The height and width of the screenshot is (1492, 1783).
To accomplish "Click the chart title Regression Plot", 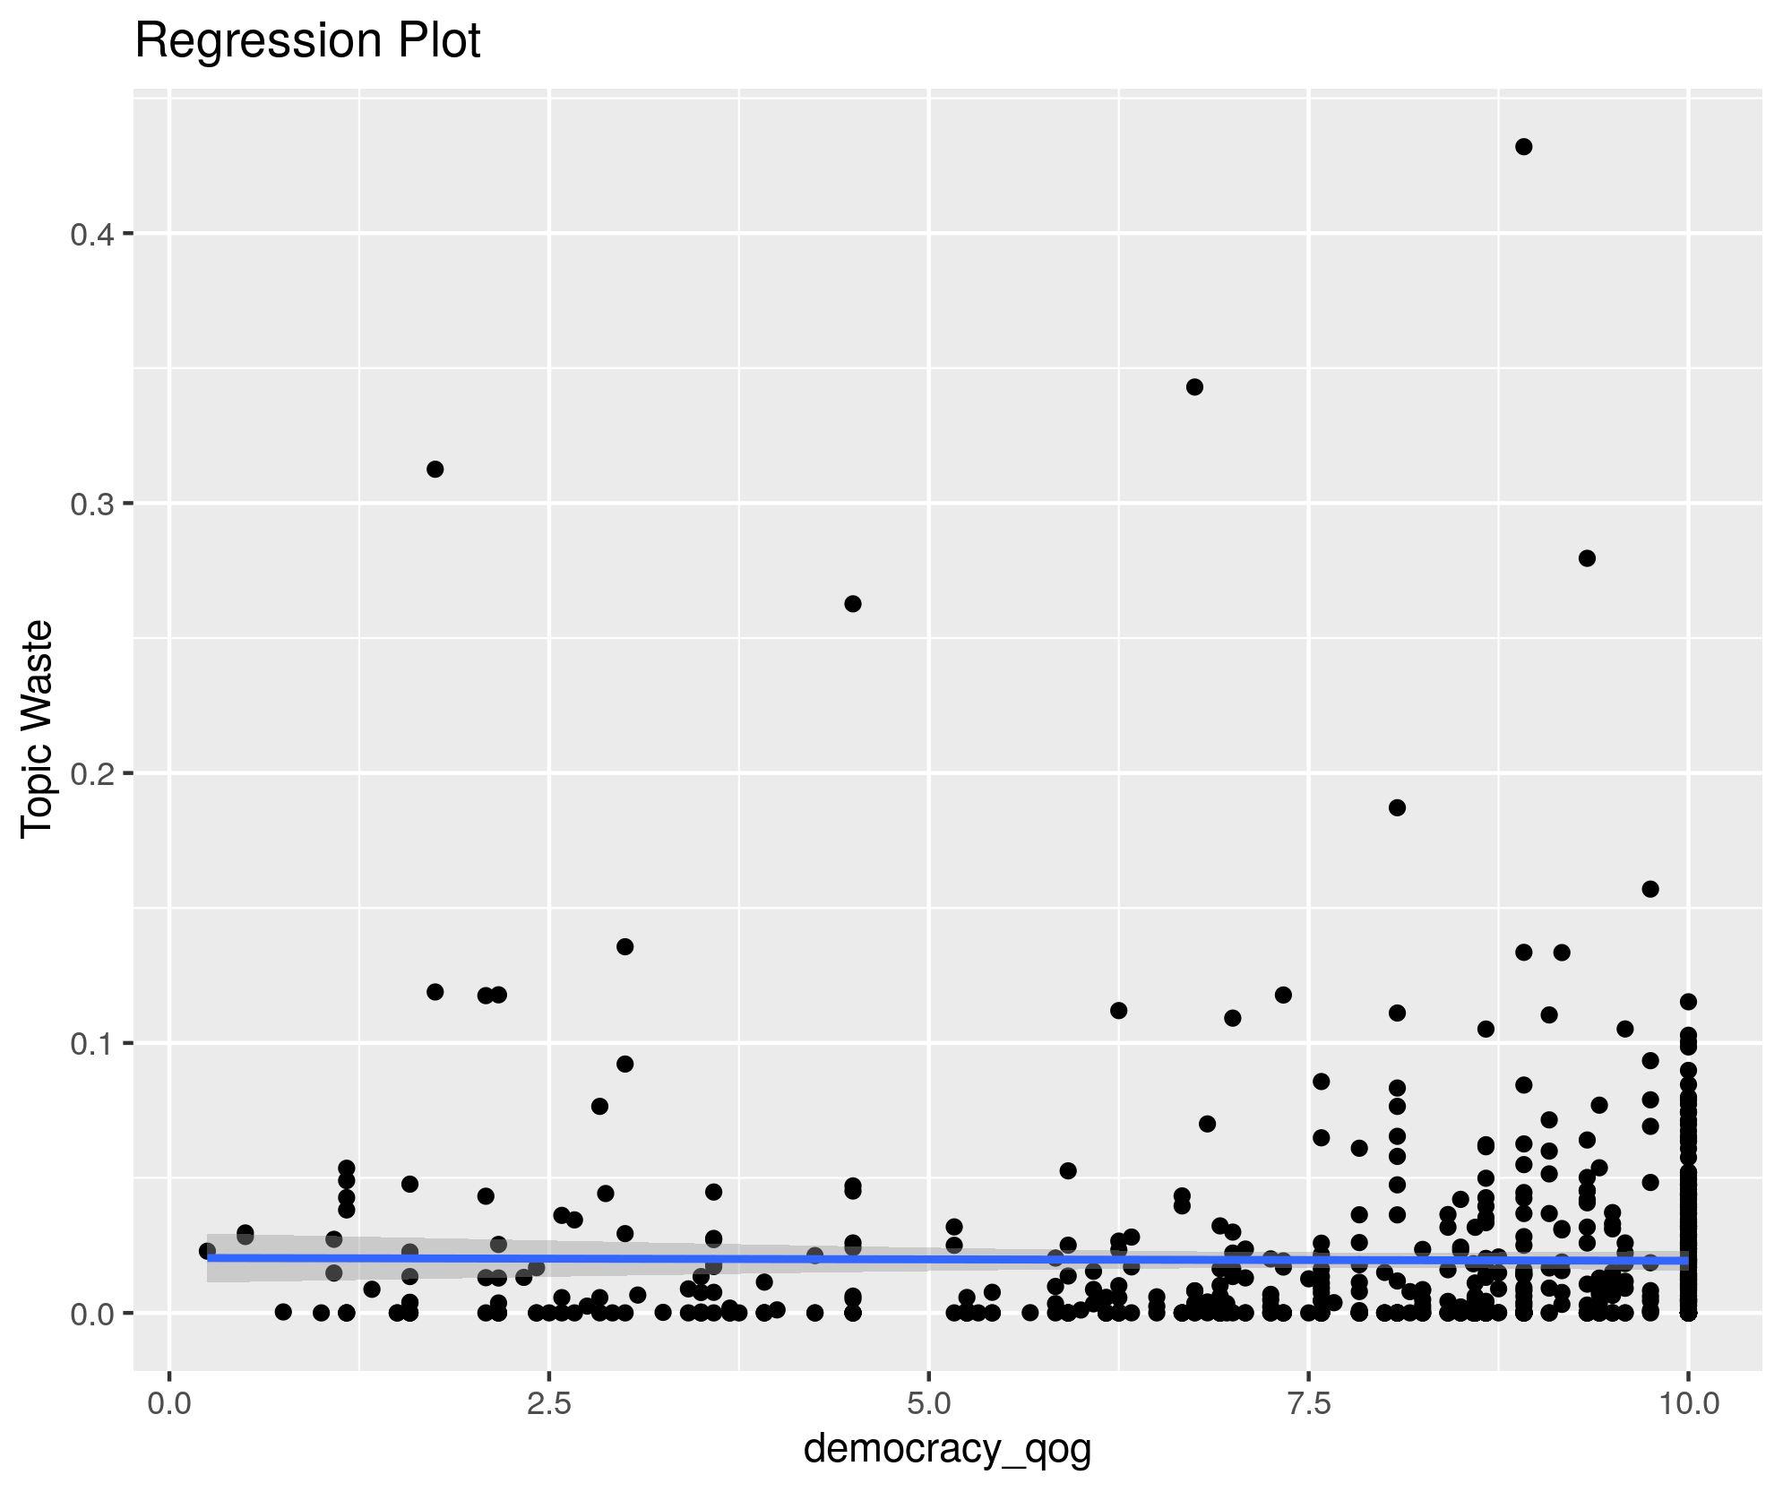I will (307, 41).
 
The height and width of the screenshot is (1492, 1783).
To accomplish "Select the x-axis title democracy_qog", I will (947, 1449).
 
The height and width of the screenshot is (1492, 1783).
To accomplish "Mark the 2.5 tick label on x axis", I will (549, 1403).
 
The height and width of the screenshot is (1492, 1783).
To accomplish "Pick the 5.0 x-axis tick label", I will (929, 1403).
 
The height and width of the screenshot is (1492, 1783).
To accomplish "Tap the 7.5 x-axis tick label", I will (1309, 1403).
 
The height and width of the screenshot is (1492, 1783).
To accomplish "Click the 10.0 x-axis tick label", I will (1688, 1403).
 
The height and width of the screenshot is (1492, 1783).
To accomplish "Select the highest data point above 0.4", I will (1523, 147).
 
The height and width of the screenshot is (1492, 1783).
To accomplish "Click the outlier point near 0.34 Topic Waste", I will (1194, 387).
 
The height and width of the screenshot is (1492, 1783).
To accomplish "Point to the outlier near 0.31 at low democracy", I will (435, 470).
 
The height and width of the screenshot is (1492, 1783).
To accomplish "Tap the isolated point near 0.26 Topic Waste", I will (853, 604).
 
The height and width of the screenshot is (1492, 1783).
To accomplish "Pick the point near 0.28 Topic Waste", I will (1587, 558).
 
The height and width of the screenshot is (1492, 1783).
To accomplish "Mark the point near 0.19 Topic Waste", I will (1397, 807).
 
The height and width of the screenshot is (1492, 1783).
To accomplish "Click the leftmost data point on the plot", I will (207, 1251).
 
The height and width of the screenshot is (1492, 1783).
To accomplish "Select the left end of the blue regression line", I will (209, 1257).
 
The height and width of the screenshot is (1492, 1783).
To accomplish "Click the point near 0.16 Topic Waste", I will (1650, 889).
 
